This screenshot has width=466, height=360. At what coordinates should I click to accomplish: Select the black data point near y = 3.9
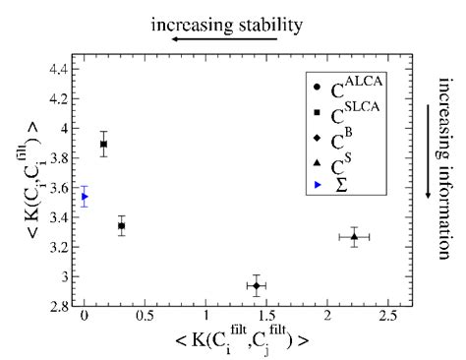click(103, 144)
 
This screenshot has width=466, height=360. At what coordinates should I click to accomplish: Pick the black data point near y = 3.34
click(121, 225)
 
